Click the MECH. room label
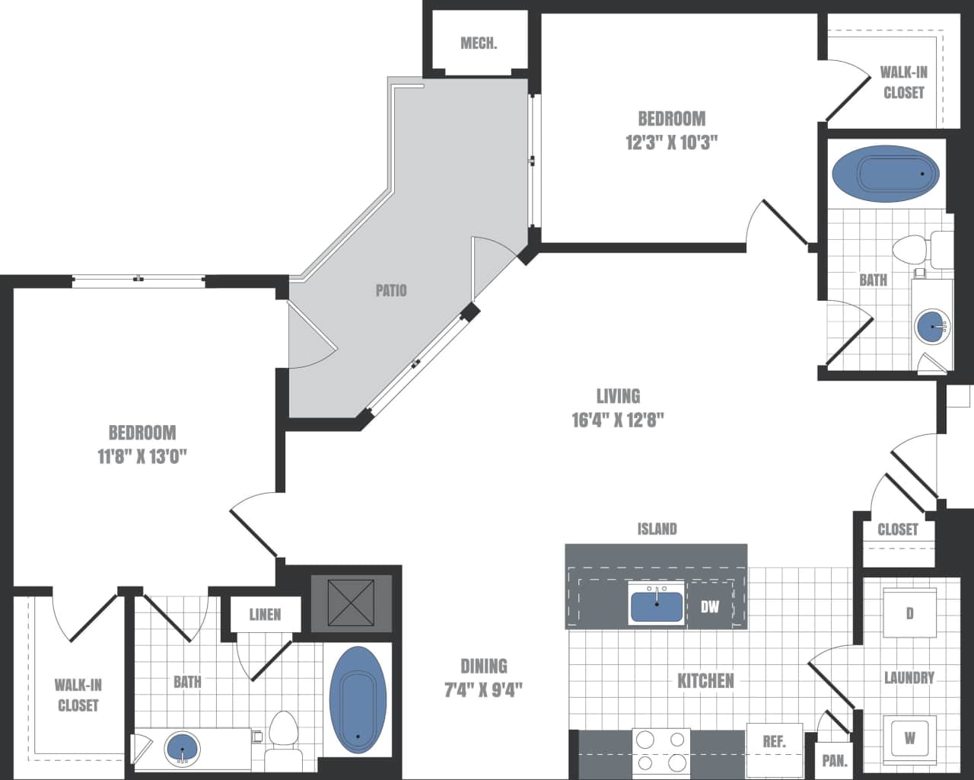[x=479, y=43]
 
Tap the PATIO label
[x=391, y=290]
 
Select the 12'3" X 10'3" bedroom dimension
[x=671, y=142]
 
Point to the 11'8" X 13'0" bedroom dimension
[x=142, y=456]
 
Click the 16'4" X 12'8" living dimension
[x=618, y=420]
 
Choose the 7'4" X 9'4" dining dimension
[x=483, y=690]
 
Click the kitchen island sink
[x=656, y=605]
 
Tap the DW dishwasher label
[x=709, y=607]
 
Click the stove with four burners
[x=661, y=750]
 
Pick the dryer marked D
[x=909, y=612]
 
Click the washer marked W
[x=909, y=737]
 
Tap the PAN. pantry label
[x=835, y=760]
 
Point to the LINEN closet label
[x=265, y=614]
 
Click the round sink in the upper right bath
[x=932, y=326]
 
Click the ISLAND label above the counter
[x=657, y=529]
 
